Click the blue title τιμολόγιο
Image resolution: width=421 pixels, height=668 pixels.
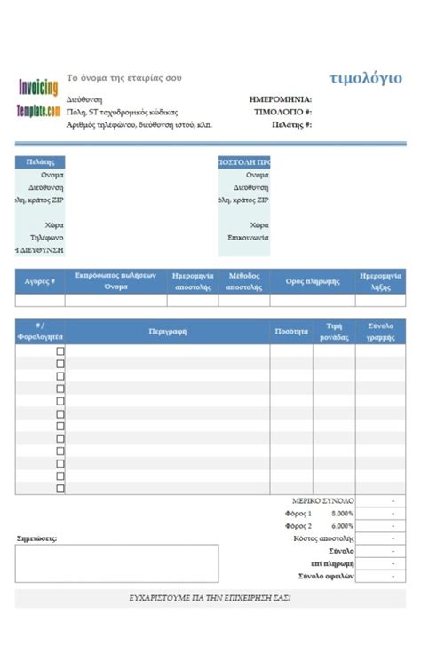(x=365, y=78)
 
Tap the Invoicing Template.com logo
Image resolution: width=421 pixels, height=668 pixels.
(x=38, y=98)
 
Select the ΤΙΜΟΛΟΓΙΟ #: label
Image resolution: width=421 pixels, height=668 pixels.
(x=283, y=113)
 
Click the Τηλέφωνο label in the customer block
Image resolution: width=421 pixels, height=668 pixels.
(x=47, y=238)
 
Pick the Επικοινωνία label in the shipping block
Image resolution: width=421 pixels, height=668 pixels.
(x=249, y=238)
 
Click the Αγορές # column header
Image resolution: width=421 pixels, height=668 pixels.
(x=40, y=280)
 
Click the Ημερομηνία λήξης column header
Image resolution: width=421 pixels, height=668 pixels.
(x=381, y=281)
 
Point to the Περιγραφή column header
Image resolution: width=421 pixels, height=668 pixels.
(x=168, y=331)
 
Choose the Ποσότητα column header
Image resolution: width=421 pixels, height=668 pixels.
(x=291, y=331)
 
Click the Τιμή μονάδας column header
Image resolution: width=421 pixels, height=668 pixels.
(x=334, y=331)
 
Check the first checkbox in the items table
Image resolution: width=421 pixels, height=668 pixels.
(x=60, y=351)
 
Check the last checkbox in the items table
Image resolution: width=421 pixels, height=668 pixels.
(x=60, y=488)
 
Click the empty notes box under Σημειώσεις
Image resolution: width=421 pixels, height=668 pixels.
(x=116, y=563)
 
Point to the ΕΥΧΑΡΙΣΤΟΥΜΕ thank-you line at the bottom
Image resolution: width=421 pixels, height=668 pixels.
(x=210, y=598)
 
